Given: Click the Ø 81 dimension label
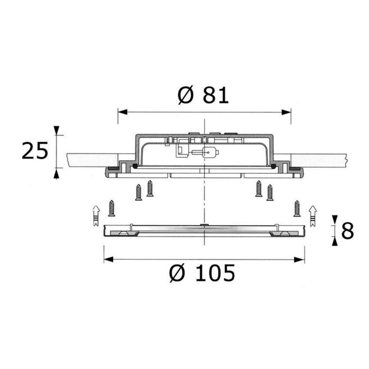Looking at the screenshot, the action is [203, 95].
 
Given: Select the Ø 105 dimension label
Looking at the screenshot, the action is [202, 273].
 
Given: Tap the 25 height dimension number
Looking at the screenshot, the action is [35, 150].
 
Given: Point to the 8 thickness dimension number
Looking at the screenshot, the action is [348, 231].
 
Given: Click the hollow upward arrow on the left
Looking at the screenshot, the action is [96, 215].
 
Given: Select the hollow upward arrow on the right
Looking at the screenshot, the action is [313, 216].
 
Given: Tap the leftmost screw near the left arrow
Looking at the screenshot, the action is [112, 208].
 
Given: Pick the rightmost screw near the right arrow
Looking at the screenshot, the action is [297, 209].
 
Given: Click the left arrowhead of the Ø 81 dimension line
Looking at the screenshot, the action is [122, 112].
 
